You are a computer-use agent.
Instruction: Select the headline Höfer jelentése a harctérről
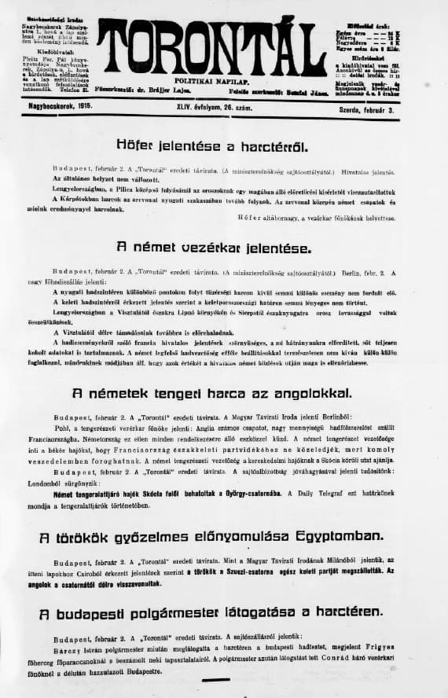(x=223, y=146)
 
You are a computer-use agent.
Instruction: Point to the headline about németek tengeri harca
(x=223, y=392)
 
